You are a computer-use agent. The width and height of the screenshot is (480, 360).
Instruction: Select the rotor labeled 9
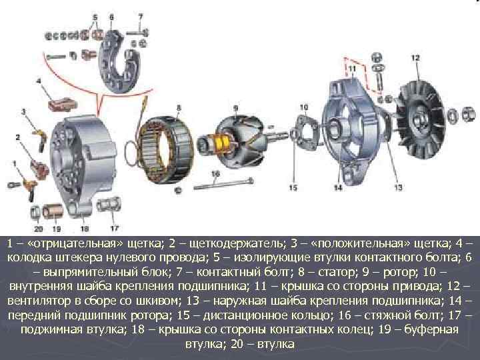pyautogui.click(x=233, y=143)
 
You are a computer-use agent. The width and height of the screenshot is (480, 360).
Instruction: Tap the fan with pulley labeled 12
pyautogui.click(x=420, y=119)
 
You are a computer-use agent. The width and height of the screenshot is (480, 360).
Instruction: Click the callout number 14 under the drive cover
pyautogui.click(x=338, y=187)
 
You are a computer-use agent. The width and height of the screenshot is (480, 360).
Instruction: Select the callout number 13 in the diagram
pyautogui.click(x=398, y=187)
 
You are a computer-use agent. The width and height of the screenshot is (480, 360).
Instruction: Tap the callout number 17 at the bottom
pyautogui.click(x=115, y=228)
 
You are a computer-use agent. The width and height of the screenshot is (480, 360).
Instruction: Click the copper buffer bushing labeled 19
pyautogui.click(x=53, y=211)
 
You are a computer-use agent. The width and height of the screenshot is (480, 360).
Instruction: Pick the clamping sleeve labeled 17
pyautogui.click(x=109, y=205)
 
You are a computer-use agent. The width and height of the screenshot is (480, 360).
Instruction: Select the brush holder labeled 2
pyautogui.click(x=40, y=169)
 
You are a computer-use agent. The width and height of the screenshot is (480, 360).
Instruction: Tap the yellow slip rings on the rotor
pyautogui.click(x=223, y=143)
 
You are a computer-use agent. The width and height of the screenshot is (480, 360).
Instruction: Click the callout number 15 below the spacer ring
pyautogui.click(x=293, y=187)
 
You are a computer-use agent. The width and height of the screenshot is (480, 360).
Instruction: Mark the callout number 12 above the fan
pyautogui.click(x=415, y=58)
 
